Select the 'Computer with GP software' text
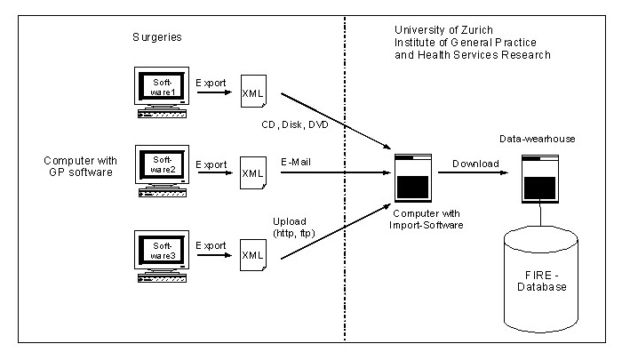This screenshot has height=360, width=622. click(77, 166)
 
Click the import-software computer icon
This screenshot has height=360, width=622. click(412, 179)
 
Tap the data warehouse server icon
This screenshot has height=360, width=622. click(540, 179)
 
